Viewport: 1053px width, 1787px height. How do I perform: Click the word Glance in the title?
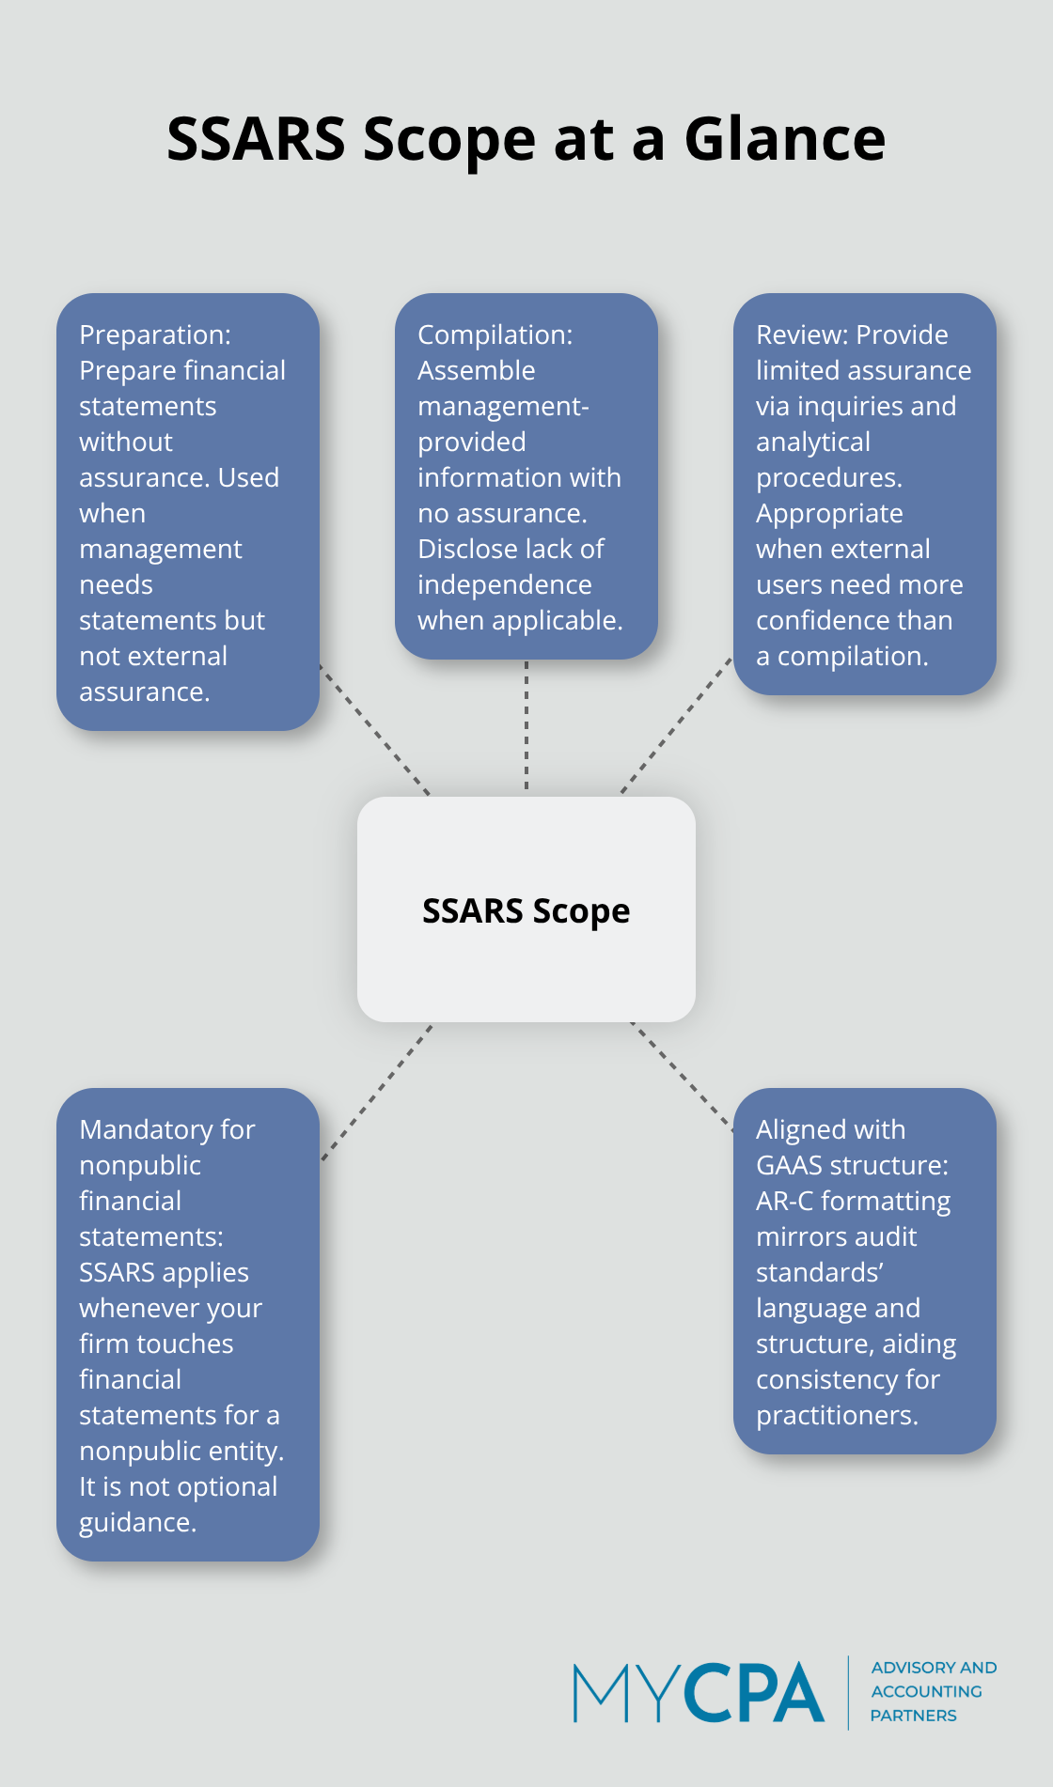784,139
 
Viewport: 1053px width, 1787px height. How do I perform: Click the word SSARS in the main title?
256,139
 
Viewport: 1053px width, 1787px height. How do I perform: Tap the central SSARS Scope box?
526,909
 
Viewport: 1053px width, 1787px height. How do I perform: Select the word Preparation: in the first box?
155,334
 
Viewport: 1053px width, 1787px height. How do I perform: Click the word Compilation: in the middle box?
495,334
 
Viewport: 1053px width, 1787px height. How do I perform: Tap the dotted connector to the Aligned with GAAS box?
681,1075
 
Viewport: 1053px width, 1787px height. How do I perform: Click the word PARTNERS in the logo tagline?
913,1716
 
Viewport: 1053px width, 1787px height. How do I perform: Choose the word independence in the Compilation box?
504,584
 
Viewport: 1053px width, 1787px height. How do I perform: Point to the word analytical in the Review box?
812,442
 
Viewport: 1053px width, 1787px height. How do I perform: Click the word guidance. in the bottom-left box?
137,1522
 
